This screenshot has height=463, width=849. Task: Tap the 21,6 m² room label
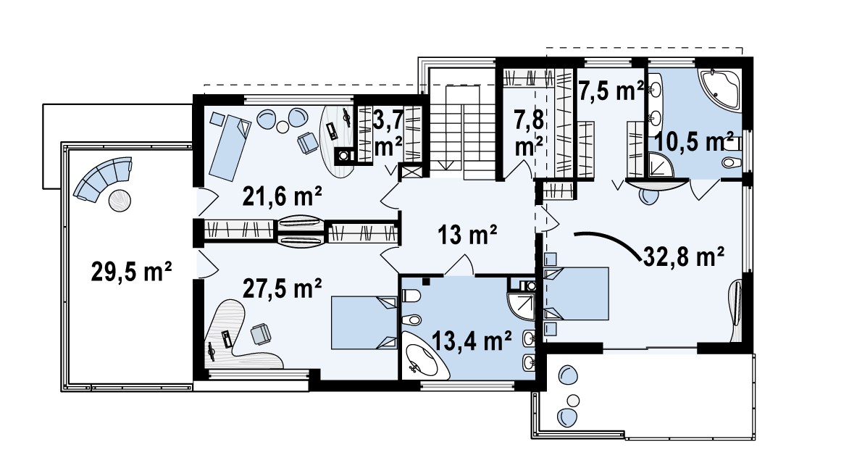click(282, 196)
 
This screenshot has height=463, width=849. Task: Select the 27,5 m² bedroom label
click(282, 288)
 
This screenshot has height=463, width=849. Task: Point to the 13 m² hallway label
click(467, 235)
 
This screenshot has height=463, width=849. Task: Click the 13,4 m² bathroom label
click(472, 341)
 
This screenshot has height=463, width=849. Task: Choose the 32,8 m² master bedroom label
click(684, 256)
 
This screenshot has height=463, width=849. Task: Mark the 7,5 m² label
click(611, 91)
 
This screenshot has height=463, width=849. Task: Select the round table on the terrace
click(120, 201)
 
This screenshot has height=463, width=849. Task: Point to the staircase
click(463, 132)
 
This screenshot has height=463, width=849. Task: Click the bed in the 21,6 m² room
click(230, 147)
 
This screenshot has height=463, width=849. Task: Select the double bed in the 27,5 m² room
click(364, 322)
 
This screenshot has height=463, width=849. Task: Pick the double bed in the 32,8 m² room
click(577, 293)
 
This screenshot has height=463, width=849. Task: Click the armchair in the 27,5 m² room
click(261, 333)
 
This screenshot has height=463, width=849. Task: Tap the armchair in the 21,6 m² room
click(308, 143)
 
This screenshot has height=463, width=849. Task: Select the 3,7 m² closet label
click(388, 132)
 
